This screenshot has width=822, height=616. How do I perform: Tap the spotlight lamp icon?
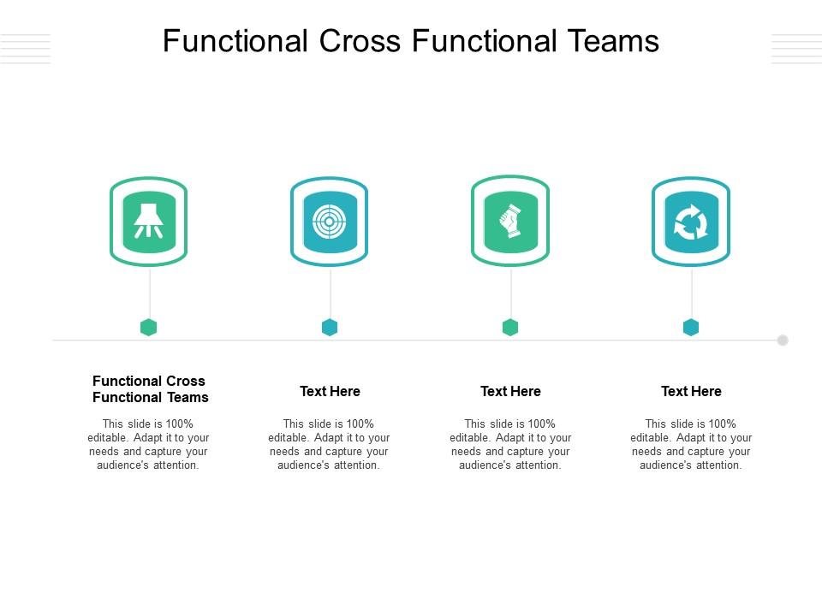149,222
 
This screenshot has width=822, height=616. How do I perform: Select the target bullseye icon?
330,222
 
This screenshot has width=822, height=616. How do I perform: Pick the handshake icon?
510,222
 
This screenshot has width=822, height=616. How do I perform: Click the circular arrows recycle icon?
691,222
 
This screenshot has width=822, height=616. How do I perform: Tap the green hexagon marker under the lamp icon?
149,327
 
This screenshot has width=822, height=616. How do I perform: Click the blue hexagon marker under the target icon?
330,327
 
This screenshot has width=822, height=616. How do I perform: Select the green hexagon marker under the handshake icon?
510,327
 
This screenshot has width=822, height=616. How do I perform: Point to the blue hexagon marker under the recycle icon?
691,327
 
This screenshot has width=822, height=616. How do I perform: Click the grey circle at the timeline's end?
783,340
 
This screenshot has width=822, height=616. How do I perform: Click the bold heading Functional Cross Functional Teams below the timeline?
150,389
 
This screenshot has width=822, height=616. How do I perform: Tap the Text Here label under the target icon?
330,391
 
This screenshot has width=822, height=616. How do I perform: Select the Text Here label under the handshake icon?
510,391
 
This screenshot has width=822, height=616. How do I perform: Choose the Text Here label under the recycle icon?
691,391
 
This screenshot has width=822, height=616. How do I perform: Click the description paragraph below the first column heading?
149,444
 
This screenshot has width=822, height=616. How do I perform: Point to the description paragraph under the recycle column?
691,444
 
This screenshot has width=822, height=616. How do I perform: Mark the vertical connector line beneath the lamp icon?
150,291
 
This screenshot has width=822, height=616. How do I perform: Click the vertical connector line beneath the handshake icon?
511,291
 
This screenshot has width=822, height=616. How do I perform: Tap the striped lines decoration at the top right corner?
795,49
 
